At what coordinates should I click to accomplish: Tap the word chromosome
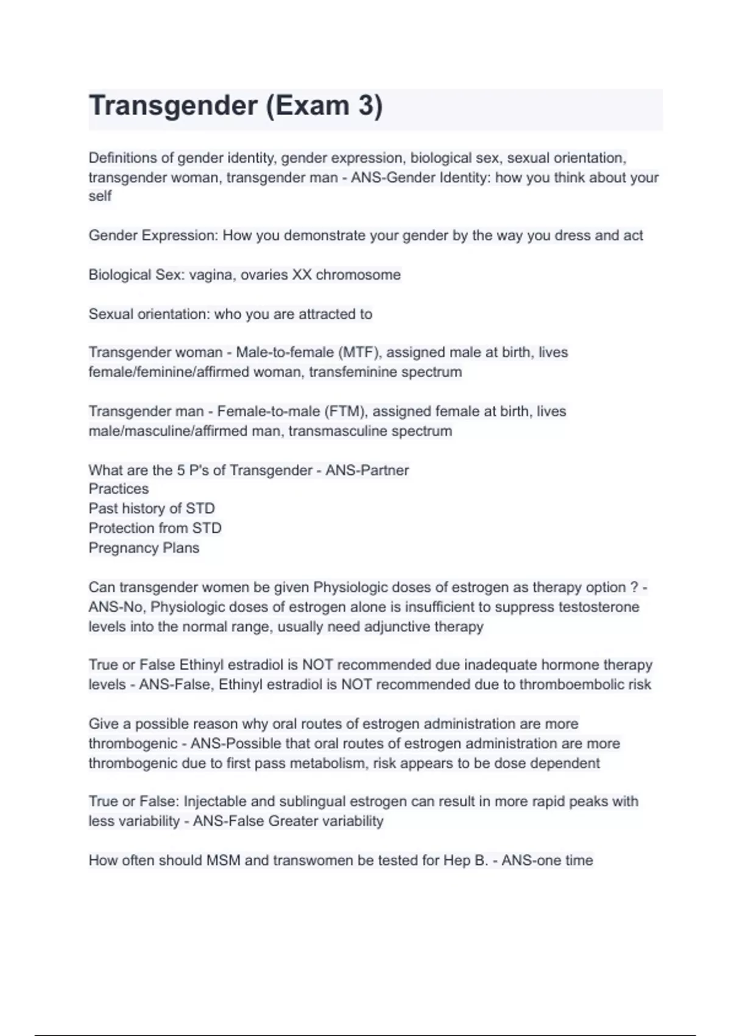click(x=358, y=275)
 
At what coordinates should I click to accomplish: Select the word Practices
click(x=118, y=489)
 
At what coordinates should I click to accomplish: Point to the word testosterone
click(x=598, y=607)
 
